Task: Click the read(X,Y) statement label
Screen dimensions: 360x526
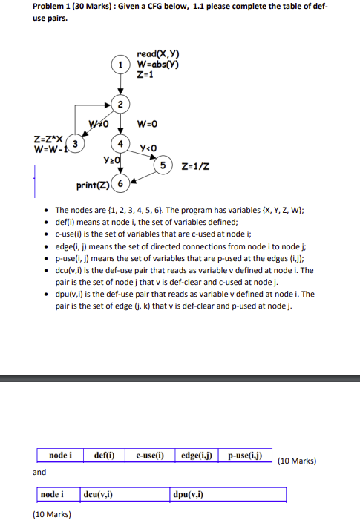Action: pos(158,53)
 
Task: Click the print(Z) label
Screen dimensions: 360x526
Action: pos(94,183)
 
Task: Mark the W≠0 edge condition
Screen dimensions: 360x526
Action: pos(98,122)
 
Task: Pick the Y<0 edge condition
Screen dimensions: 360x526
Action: pos(145,147)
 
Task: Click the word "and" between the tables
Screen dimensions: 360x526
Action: pos(39,472)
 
